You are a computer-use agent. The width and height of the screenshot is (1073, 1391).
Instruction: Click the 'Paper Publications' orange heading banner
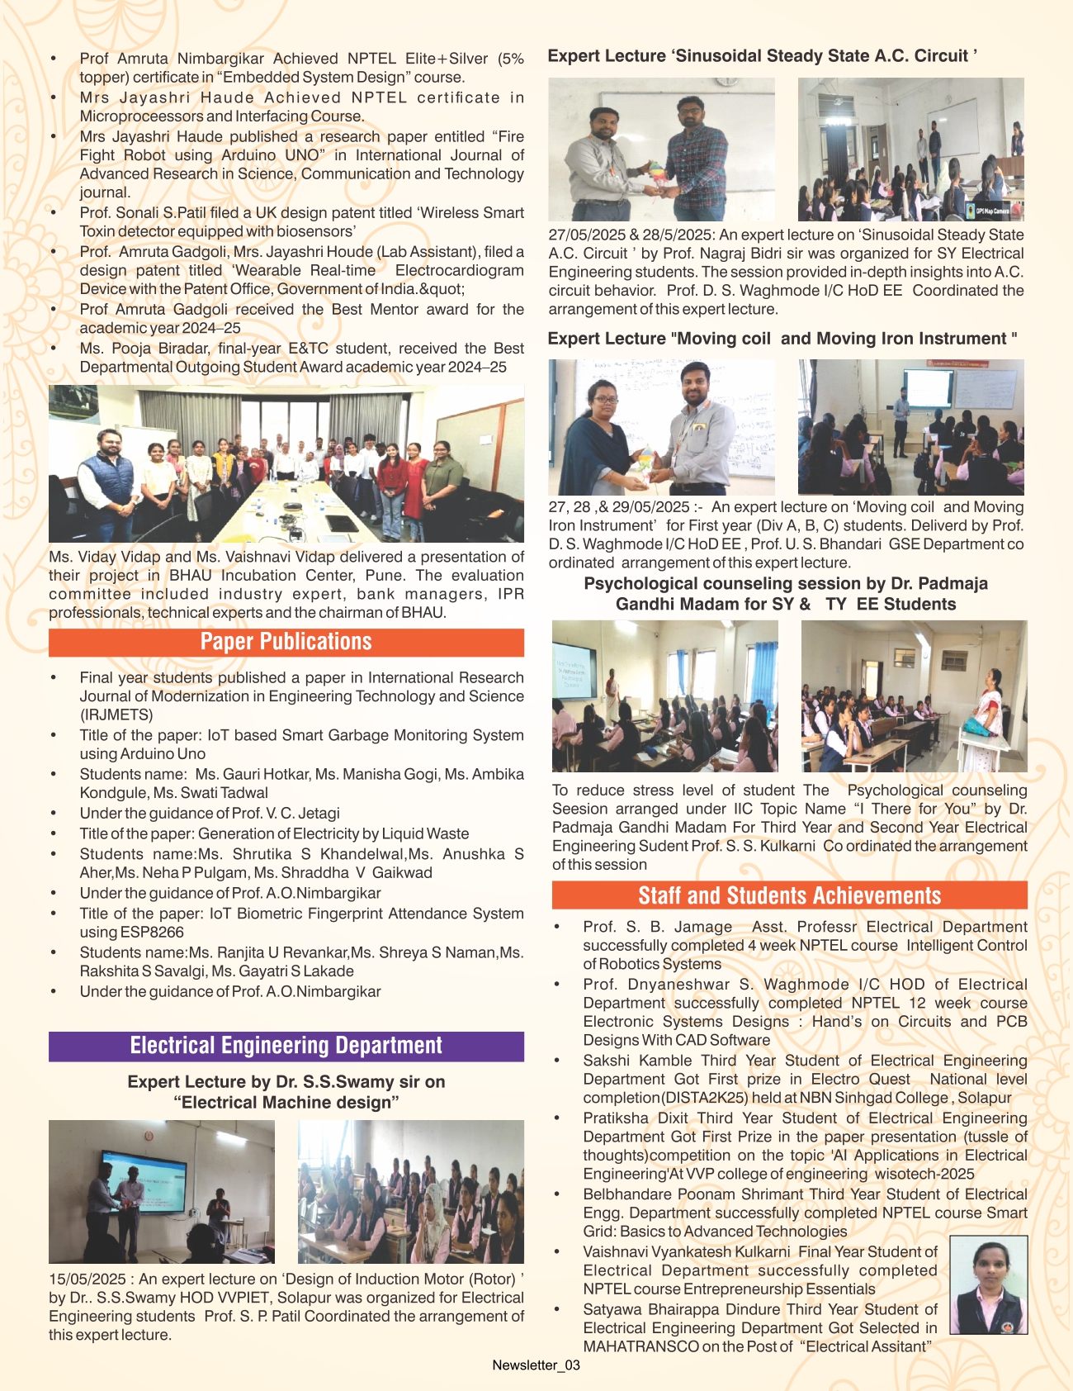(286, 642)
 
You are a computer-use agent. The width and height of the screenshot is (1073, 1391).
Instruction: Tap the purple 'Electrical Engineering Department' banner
(286, 1046)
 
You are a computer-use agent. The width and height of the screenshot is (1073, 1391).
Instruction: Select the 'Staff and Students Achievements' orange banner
(789, 895)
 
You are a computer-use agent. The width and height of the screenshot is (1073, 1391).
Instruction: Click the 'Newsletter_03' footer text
(536, 1365)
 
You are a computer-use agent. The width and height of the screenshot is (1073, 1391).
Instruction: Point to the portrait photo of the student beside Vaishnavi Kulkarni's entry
(988, 1284)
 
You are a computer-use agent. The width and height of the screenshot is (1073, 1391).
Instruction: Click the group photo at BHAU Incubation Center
(286, 463)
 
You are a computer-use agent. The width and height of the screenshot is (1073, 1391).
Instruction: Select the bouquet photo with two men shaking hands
(661, 149)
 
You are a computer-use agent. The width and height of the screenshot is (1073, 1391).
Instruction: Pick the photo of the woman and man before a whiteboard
(661, 427)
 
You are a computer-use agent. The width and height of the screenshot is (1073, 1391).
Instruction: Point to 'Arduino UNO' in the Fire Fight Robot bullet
(269, 155)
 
